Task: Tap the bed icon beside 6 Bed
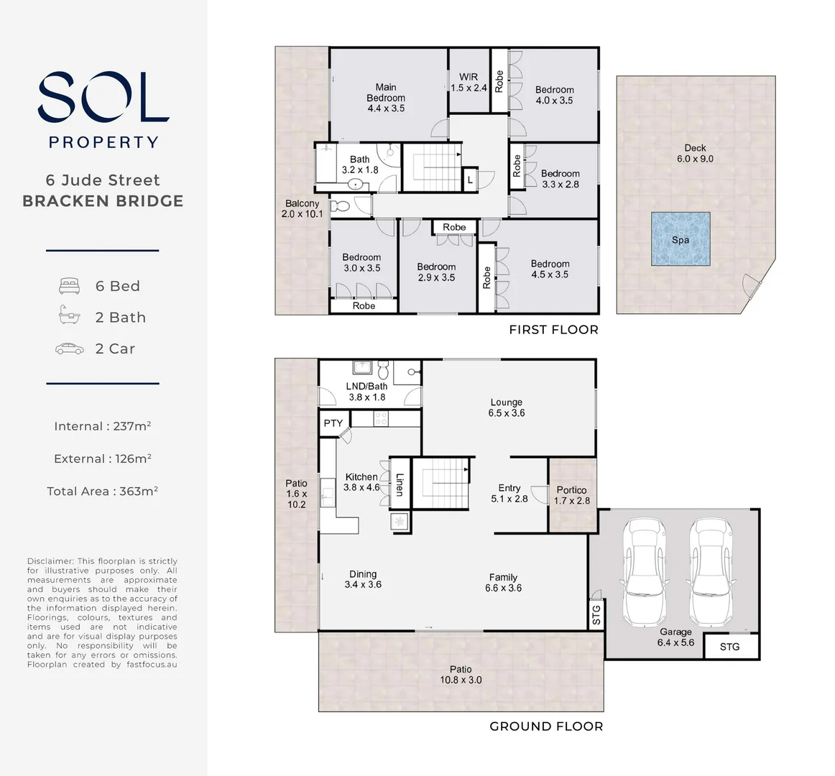coord(69,286)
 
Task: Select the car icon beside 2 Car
coord(69,348)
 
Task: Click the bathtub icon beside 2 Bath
coord(69,316)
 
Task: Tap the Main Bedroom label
coord(386,98)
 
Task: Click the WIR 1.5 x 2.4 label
coord(469,83)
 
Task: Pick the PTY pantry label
coord(333,422)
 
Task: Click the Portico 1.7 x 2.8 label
coord(571,495)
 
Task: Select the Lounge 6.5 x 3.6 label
coord(507,407)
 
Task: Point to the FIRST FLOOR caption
coord(553,330)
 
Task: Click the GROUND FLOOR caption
coord(546,726)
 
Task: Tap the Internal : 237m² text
coord(102,426)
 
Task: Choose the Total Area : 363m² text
coord(102,491)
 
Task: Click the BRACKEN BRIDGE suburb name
coord(103,201)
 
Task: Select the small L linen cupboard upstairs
coord(470,180)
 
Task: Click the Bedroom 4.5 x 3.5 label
coord(550,269)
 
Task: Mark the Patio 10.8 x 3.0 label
coord(461,674)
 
